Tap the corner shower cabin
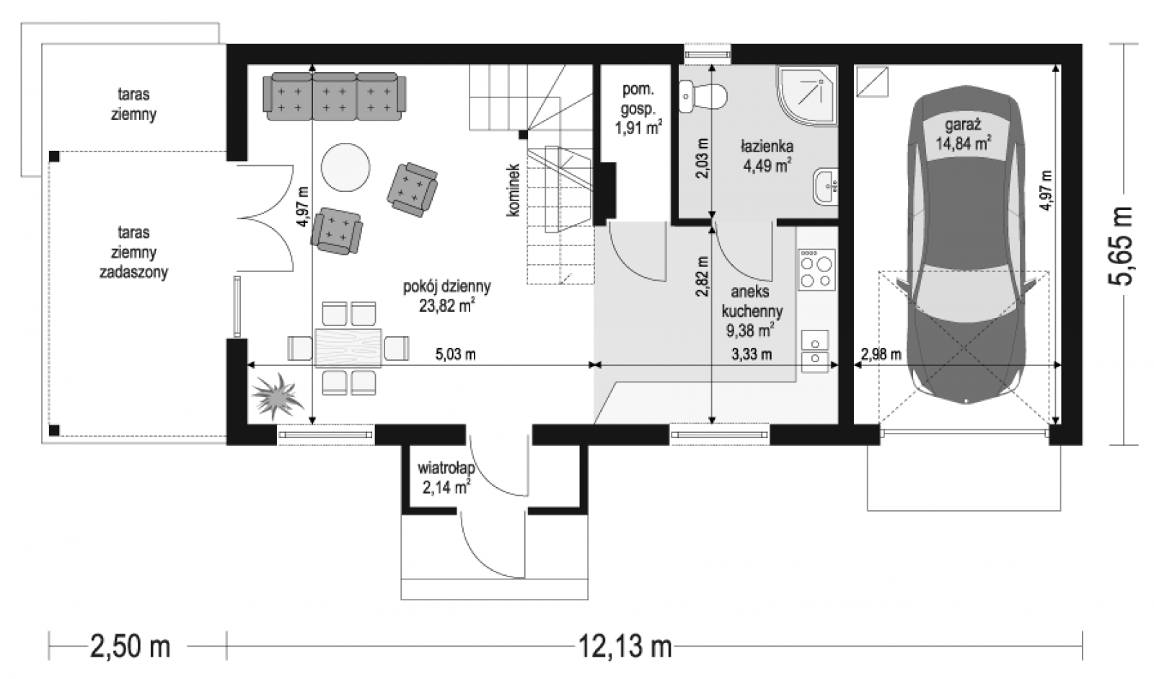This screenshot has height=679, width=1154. click(807, 96)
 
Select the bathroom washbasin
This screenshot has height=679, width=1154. click(826, 186)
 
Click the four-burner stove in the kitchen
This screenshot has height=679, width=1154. click(816, 270)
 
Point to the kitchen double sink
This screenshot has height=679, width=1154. click(815, 351)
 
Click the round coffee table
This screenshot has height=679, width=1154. click(345, 167)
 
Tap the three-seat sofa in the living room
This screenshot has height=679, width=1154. click(335, 97)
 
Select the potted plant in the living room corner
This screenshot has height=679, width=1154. click(277, 395)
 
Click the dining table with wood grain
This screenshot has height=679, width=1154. click(348, 348)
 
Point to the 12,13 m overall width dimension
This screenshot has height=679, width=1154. click(625, 646)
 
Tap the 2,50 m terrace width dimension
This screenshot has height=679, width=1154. click(130, 646)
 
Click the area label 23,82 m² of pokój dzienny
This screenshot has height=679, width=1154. click(446, 306)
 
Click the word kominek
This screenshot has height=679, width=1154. click(513, 190)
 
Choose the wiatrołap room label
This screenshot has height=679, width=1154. click(446, 468)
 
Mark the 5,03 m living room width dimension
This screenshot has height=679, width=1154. click(455, 354)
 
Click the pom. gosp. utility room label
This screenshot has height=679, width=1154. click(638, 99)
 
